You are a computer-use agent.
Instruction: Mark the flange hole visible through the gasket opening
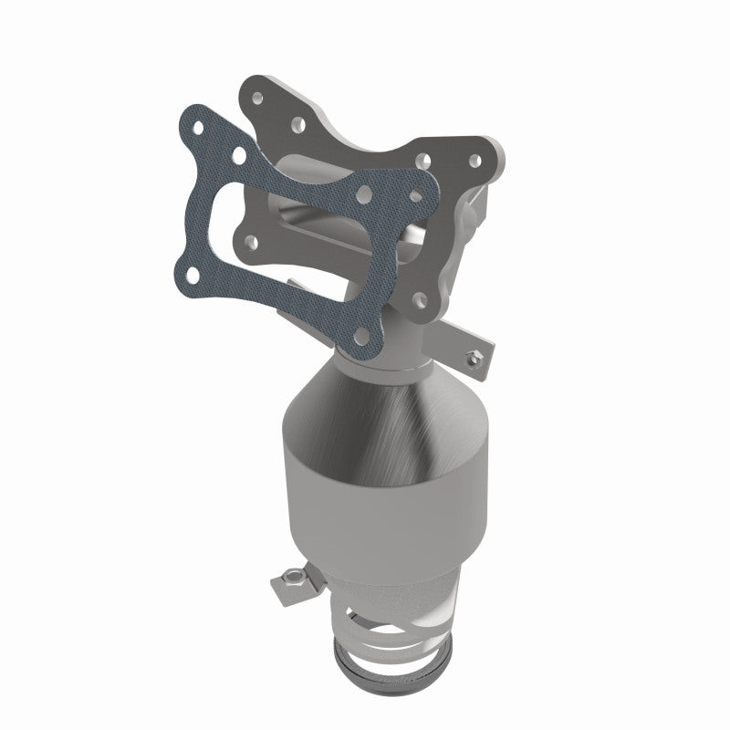(x=251, y=241)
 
